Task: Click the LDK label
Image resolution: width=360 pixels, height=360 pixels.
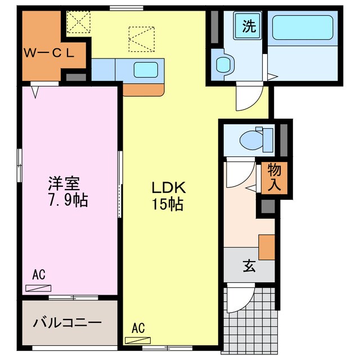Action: point(166,188)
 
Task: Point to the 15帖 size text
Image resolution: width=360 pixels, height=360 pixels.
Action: point(166,204)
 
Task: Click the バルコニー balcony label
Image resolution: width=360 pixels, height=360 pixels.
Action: point(67,323)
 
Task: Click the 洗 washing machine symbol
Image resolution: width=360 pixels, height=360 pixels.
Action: point(248,26)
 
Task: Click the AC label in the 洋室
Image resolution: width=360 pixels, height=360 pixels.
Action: point(38,275)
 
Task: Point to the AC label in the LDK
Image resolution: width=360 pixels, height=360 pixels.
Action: point(138,327)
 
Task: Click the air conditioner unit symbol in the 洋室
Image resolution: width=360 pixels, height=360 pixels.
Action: point(38,287)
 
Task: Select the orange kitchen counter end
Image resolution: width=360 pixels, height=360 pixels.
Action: point(143,89)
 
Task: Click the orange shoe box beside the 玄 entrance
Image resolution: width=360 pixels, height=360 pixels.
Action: point(267,246)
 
